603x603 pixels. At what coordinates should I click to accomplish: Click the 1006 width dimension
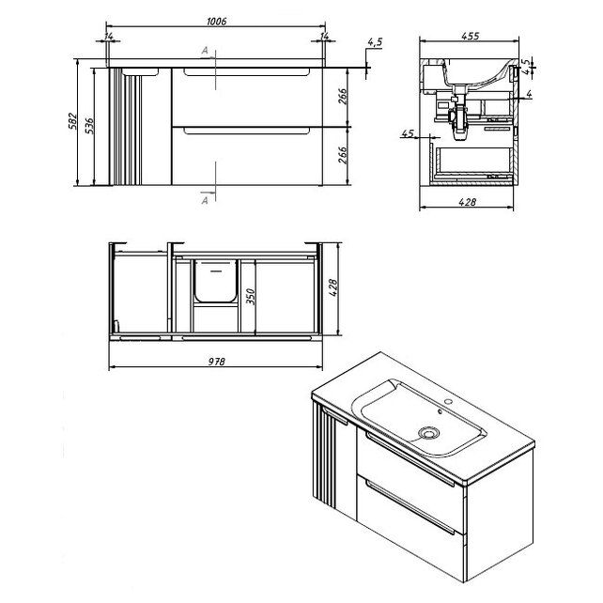coord(217,22)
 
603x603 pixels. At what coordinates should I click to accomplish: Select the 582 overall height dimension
coord(73,121)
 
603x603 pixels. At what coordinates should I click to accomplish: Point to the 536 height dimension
coord(89,126)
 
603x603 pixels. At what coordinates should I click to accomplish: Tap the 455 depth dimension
coord(470,36)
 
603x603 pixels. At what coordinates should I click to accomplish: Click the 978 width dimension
coord(217,362)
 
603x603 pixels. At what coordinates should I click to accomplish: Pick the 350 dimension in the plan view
coord(251,296)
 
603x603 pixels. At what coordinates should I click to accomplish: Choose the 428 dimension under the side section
coord(467,202)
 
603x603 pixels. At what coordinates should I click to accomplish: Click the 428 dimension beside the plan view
coord(333,287)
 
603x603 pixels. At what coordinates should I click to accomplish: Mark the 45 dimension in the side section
coord(408,133)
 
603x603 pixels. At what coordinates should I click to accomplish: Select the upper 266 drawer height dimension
coord(343,96)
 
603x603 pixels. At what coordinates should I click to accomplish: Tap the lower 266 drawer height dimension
coord(343,155)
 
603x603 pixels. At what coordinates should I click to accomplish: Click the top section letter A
coord(205,51)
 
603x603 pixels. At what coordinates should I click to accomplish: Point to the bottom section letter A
coord(205,200)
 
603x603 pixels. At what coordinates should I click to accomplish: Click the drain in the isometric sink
coord(428,433)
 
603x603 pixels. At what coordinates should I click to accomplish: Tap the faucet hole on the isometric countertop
coord(448,402)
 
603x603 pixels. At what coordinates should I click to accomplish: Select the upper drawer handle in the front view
coord(246,72)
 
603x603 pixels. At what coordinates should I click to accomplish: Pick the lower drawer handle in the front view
coord(246,131)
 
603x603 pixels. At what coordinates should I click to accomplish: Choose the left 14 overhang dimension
coord(109,37)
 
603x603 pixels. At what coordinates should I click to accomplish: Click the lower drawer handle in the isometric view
coord(410,507)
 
